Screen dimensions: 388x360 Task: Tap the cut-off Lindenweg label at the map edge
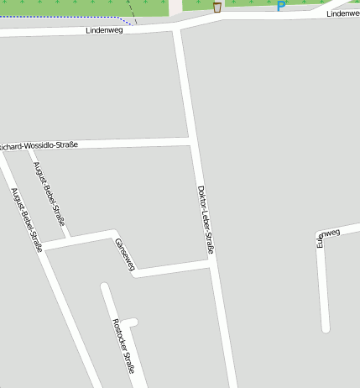(343, 13)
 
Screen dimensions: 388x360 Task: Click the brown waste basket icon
(217, 8)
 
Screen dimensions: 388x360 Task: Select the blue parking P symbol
(281, 7)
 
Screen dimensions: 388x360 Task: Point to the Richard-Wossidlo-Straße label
(39, 144)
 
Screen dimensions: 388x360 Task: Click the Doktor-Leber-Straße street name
(206, 219)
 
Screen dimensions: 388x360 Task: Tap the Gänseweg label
(124, 254)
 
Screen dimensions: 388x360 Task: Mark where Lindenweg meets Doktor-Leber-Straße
(178, 29)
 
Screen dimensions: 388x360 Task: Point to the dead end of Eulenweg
(325, 328)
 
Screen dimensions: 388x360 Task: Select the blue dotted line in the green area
(84, 17)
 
